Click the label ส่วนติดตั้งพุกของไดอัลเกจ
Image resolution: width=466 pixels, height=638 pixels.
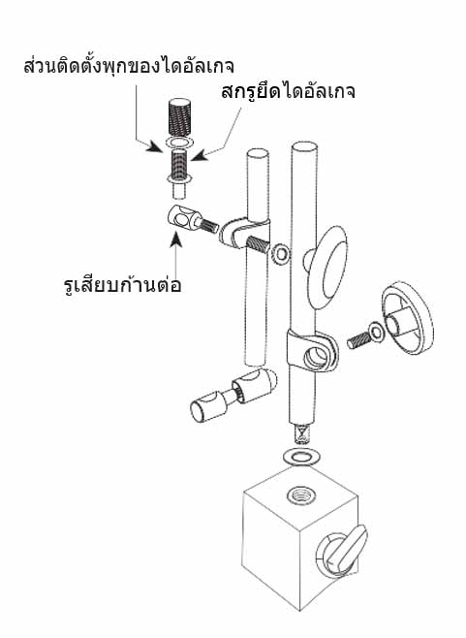coord(129,66)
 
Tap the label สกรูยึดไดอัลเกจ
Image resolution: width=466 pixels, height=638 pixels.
coord(288,91)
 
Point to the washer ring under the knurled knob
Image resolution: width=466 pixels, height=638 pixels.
coord(179,143)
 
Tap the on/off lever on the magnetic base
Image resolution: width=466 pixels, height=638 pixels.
coord(346,550)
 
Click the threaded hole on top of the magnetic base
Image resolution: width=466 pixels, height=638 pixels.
coord(301,495)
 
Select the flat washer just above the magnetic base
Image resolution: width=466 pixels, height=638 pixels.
coord(301,456)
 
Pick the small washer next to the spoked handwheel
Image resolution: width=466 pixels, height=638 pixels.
coord(376,333)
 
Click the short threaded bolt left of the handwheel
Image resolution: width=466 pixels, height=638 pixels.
coord(358,340)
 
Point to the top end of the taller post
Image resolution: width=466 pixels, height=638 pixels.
coord(304,146)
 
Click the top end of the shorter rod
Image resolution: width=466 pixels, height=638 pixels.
coord(258,153)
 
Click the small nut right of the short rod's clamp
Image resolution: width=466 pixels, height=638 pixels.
coord(281,253)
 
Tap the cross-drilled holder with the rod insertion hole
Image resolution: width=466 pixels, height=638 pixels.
coord(181,218)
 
